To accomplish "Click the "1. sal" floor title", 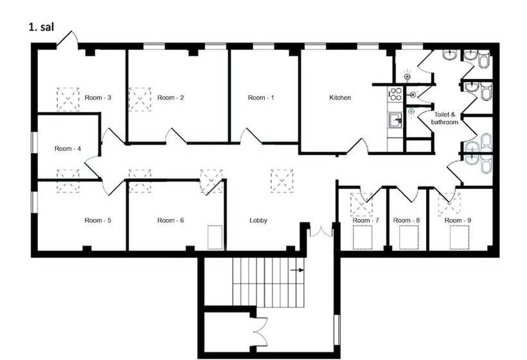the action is click(41, 27).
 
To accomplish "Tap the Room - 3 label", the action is click(98, 98).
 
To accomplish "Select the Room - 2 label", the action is click(170, 98).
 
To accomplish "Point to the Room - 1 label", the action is click(261, 98).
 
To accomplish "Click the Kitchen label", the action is click(340, 98).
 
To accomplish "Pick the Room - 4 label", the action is click(67, 148).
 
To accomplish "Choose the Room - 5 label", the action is click(98, 220).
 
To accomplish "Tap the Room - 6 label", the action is click(170, 220).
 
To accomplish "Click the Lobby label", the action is click(258, 220).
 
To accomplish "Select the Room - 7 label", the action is click(366, 220).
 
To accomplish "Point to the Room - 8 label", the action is click(406, 220).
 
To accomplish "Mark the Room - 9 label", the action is click(458, 220).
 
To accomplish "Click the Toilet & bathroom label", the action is click(444, 118).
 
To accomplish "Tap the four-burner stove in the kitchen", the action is click(396, 94).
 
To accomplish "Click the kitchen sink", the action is click(396, 120).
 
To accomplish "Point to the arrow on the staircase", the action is click(298, 270).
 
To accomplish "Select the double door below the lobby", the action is click(321, 232).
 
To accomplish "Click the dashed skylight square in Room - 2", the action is click(140, 99).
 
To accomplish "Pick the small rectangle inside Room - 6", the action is click(215, 237).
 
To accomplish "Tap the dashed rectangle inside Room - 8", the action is click(409, 237).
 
